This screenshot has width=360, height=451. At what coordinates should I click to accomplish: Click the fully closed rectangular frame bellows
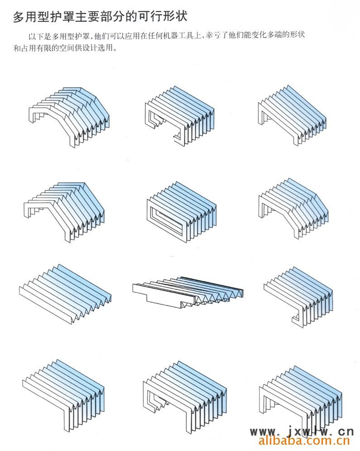(181, 211)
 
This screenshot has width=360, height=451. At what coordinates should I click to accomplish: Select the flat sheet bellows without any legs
(65, 293)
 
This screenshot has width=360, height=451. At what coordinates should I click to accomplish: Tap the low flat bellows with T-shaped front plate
(188, 292)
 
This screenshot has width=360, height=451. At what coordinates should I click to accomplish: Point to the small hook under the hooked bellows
(296, 319)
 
